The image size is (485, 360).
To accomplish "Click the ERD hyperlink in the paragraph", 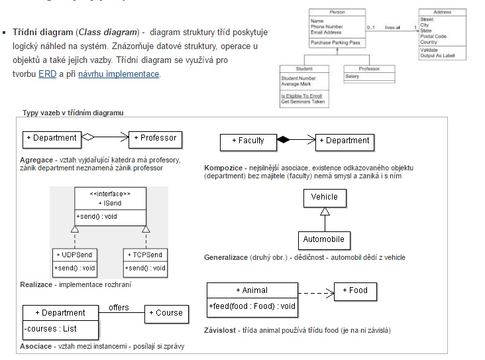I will click(48, 74).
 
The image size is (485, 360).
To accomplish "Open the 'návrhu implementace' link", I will click(119, 74).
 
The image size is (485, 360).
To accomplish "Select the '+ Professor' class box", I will click(155, 138).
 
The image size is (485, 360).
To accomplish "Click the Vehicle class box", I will click(324, 197).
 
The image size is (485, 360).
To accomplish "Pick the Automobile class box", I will click(323, 239).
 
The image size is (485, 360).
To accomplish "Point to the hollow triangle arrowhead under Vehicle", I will click(324, 211).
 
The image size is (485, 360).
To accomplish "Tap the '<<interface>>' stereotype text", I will click(109, 194).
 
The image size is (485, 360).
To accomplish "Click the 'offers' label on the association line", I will click(119, 307).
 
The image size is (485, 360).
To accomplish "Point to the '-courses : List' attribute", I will click(50, 328).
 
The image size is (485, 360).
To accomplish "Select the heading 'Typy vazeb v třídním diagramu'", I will click(73, 113).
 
